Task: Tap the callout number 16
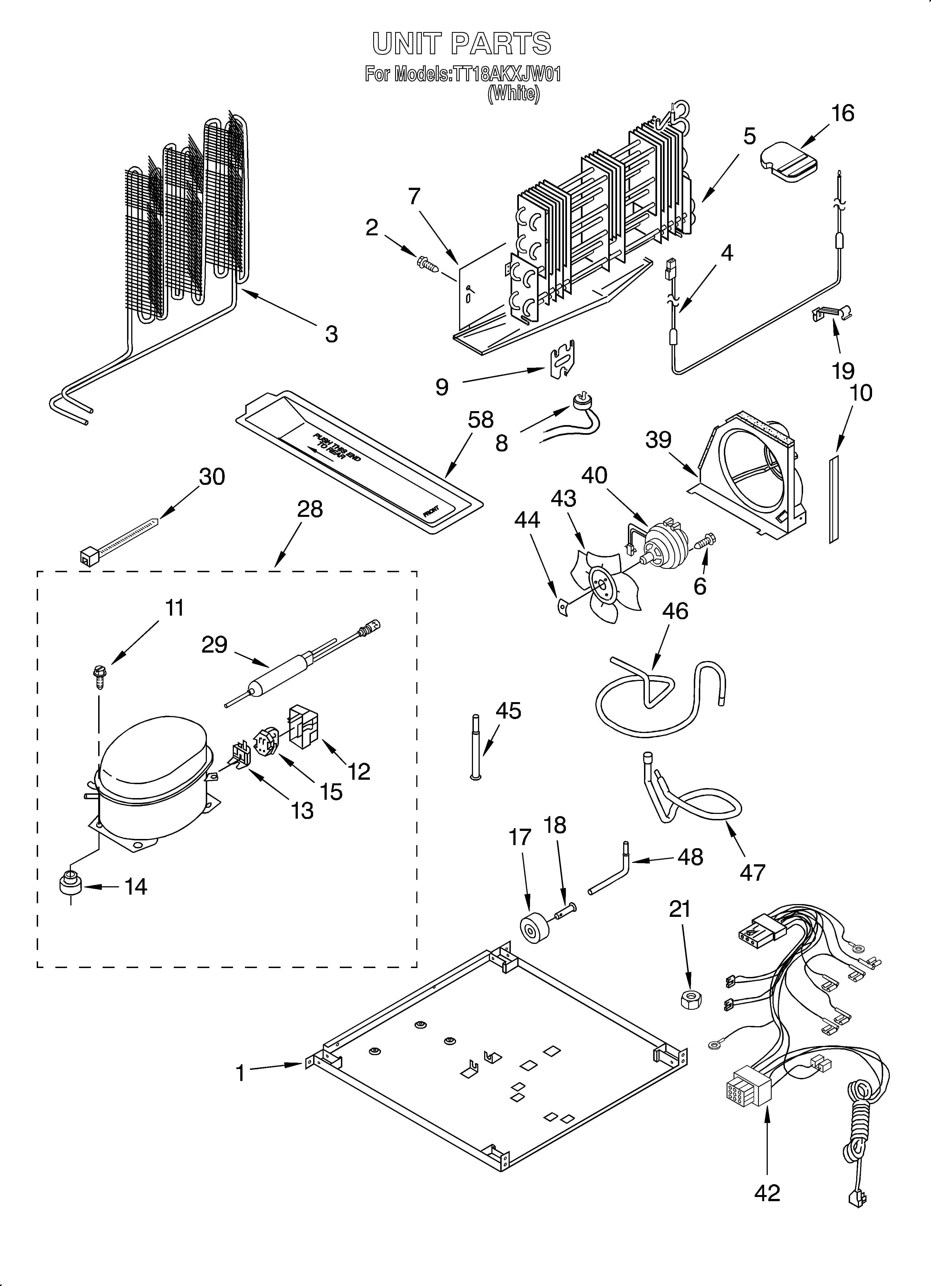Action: pos(843,113)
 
